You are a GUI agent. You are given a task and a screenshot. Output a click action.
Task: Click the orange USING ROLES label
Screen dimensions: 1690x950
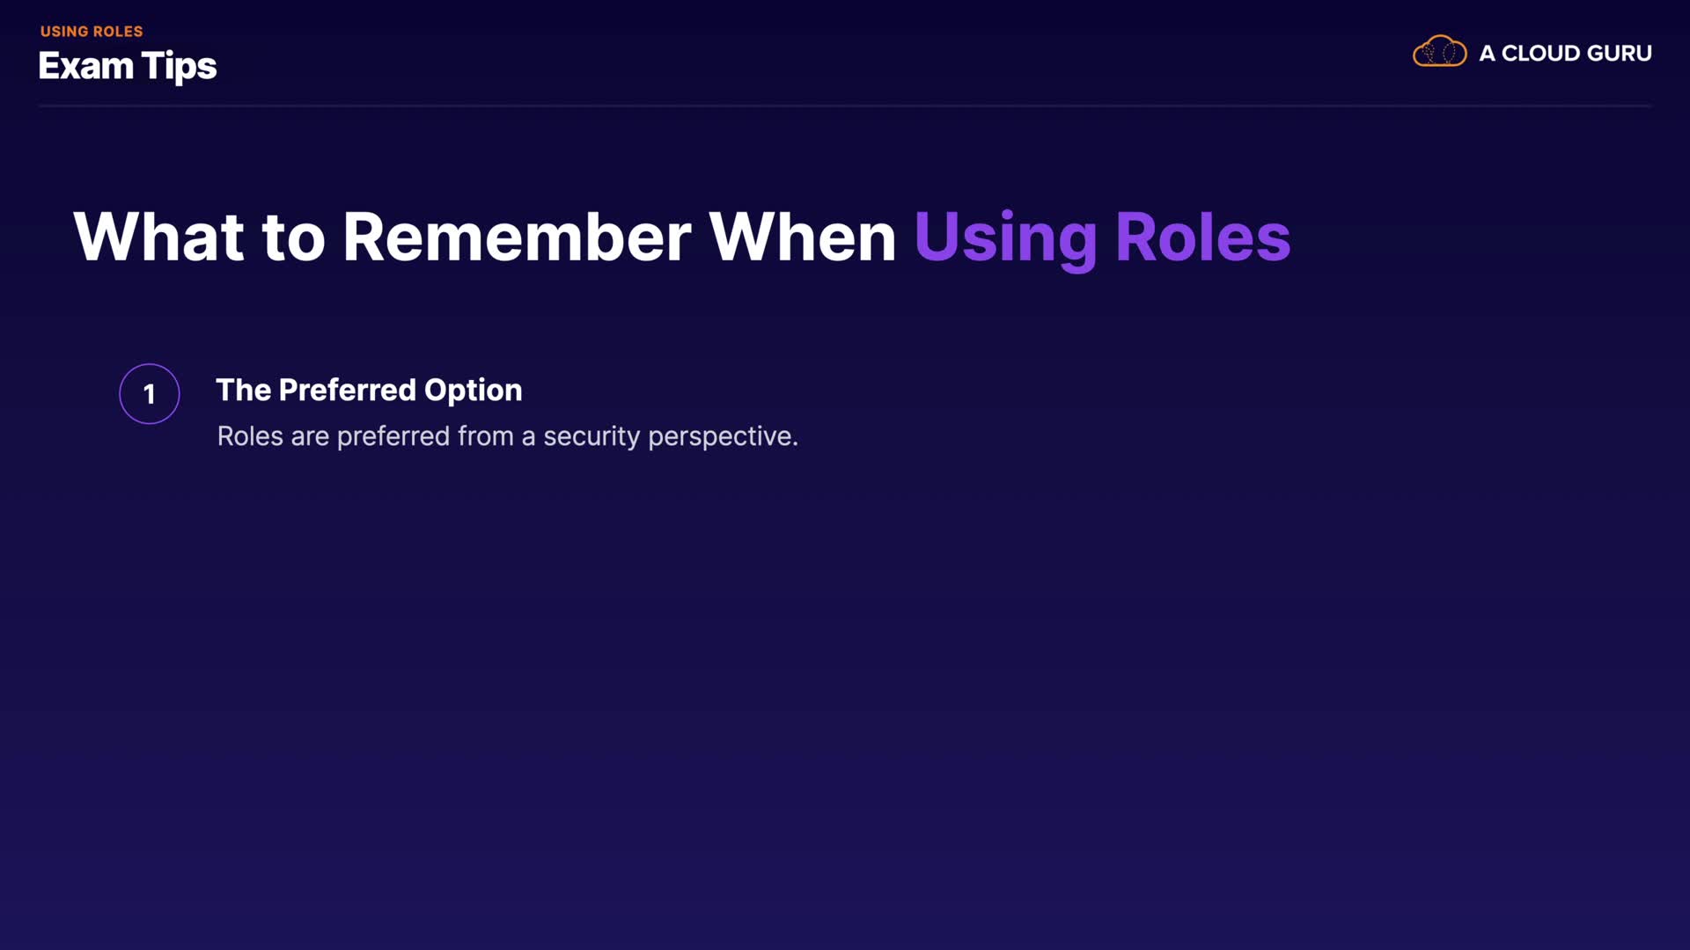pyautogui.click(x=92, y=32)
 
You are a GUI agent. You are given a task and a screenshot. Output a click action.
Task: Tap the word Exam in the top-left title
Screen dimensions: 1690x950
pyautogui.click(x=86, y=66)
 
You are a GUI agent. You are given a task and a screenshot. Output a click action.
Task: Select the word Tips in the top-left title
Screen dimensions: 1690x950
pyautogui.click(x=180, y=68)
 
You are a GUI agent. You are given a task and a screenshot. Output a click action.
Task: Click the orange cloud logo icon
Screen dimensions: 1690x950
pyautogui.click(x=1440, y=52)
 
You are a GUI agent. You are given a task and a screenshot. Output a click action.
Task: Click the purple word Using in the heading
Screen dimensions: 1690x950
pyautogui.click(x=1006, y=240)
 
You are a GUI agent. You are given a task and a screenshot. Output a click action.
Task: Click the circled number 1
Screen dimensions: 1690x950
pyautogui.click(x=150, y=394)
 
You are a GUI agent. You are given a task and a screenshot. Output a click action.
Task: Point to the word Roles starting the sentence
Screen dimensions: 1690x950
pyautogui.click(x=250, y=436)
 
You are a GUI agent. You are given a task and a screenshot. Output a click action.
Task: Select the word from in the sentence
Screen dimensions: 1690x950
pyautogui.click(x=486, y=436)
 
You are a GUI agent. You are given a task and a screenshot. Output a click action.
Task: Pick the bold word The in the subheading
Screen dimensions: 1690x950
pyautogui.click(x=244, y=390)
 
